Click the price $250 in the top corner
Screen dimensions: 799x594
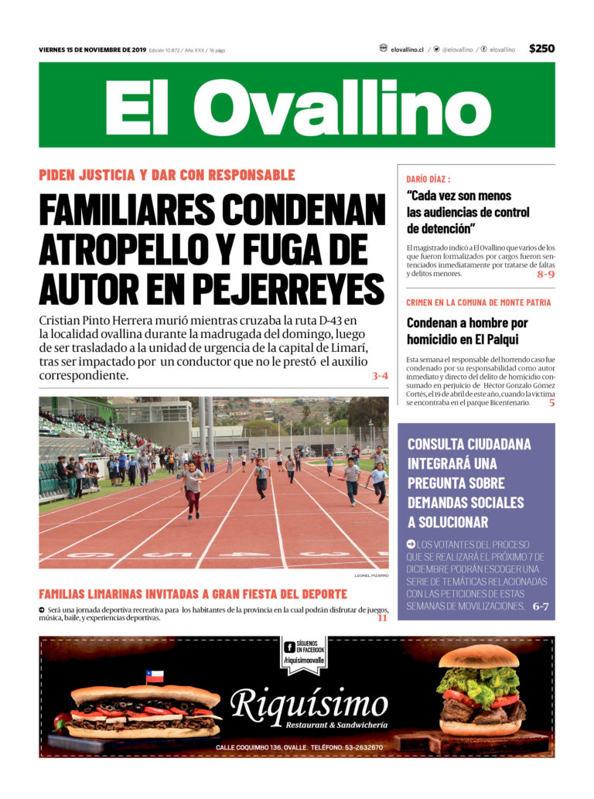pyautogui.click(x=541, y=49)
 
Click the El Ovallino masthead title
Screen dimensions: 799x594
pyautogui.click(x=297, y=105)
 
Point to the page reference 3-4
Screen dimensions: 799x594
pyautogui.click(x=379, y=377)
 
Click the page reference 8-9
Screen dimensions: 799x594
pyautogui.click(x=545, y=274)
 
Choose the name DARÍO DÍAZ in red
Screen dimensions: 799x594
pyautogui.click(x=428, y=179)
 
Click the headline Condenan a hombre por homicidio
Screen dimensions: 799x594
pyautogui.click(x=467, y=331)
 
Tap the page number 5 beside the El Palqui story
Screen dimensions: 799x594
pyautogui.click(x=551, y=403)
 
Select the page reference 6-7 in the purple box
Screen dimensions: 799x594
pyautogui.click(x=540, y=607)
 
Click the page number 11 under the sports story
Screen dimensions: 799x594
pyautogui.click(x=382, y=618)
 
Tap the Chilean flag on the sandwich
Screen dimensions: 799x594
pyautogui.click(x=155, y=677)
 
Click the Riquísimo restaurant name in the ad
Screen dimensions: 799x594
pyautogui.click(x=309, y=705)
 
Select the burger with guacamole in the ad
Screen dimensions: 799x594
pyautogui.click(x=480, y=690)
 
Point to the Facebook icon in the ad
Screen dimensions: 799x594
pyautogui.click(x=289, y=647)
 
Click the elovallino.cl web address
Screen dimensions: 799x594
pyautogui.click(x=407, y=50)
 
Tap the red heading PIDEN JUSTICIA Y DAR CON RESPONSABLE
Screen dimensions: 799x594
pyautogui.click(x=167, y=175)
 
